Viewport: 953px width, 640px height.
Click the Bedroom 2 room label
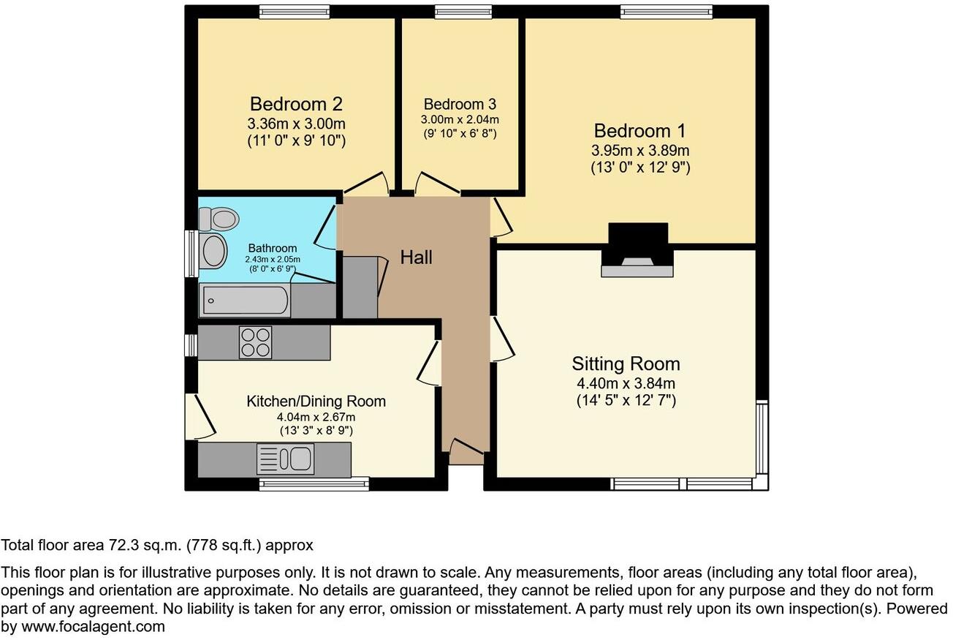click(x=296, y=104)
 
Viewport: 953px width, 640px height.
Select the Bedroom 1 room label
click(x=640, y=131)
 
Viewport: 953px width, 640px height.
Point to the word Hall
click(x=416, y=257)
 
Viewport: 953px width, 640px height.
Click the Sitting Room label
click(x=626, y=364)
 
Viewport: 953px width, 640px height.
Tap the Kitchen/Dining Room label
click(x=316, y=401)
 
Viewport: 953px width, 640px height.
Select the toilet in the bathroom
click(x=220, y=218)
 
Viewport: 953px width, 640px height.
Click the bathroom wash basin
click(x=213, y=251)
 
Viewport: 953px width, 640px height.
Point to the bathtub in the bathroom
click(x=245, y=301)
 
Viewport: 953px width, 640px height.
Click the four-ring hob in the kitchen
click(x=255, y=342)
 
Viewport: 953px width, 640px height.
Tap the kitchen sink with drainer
click(x=284, y=459)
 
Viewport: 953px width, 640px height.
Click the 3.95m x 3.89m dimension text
click(x=640, y=151)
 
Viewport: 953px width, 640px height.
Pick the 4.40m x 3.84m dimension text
click(x=626, y=383)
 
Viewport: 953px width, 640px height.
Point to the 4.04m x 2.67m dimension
click(x=316, y=417)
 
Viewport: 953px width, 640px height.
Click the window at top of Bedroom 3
click(x=463, y=12)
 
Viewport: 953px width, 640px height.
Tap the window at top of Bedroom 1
click(x=666, y=12)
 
